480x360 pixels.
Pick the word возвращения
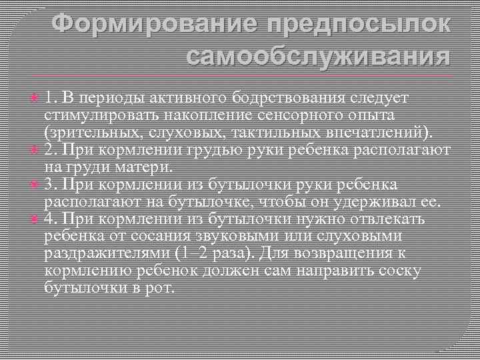point(347,253)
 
